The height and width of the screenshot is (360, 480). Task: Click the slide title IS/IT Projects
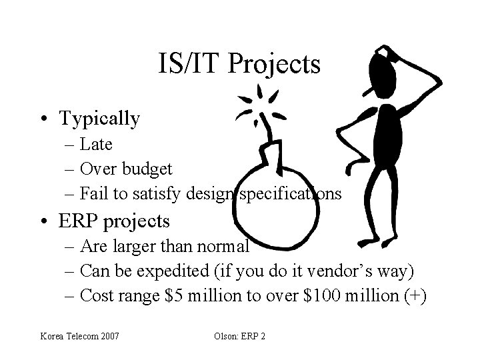pyautogui.click(x=239, y=64)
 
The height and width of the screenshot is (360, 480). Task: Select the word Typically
pyautogui.click(x=99, y=119)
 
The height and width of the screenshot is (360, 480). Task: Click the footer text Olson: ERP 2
pyautogui.click(x=239, y=336)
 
